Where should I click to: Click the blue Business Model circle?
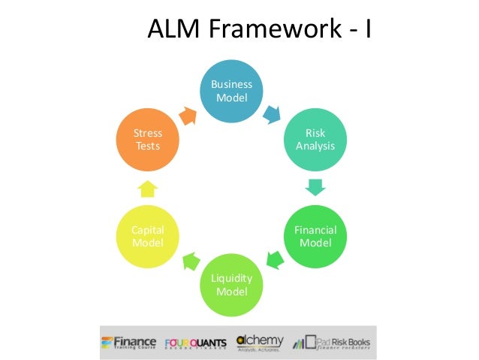(x=231, y=92)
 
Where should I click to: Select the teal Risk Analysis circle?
(x=315, y=140)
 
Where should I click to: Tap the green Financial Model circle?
(x=315, y=236)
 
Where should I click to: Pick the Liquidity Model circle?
(x=231, y=284)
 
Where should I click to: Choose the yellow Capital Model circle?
(x=148, y=236)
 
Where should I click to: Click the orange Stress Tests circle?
(x=148, y=140)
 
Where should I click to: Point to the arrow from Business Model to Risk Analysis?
(x=272, y=114)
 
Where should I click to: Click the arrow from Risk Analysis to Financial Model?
(x=315, y=187)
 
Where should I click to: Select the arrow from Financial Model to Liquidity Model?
(x=276, y=260)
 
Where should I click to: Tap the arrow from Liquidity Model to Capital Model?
(x=189, y=260)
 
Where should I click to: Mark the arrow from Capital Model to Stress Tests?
(x=148, y=187)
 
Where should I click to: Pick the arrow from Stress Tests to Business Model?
(x=187, y=113)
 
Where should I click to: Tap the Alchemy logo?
(x=260, y=342)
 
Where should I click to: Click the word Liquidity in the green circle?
(x=231, y=278)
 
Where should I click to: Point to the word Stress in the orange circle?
(x=148, y=134)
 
